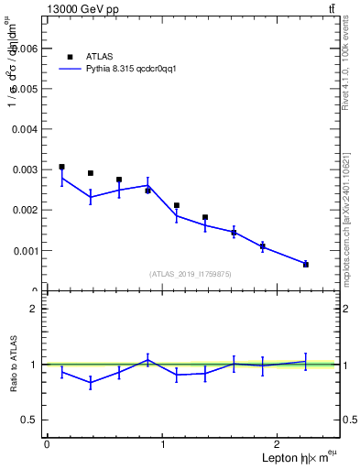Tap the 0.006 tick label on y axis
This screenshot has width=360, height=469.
[25, 49]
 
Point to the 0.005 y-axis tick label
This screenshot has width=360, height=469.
[25, 89]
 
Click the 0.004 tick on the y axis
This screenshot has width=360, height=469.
[25, 129]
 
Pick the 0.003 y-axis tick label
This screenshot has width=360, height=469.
[25, 169]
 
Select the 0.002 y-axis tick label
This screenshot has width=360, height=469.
[25, 210]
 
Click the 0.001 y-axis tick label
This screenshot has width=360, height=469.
[25, 250]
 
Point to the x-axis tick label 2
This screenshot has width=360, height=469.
[279, 444]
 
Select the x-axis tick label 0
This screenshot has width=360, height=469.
[47, 444]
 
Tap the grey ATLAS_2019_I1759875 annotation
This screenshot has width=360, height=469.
[191, 273]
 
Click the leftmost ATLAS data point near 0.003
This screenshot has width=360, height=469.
[61, 167]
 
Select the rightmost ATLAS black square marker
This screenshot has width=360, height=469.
[306, 264]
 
